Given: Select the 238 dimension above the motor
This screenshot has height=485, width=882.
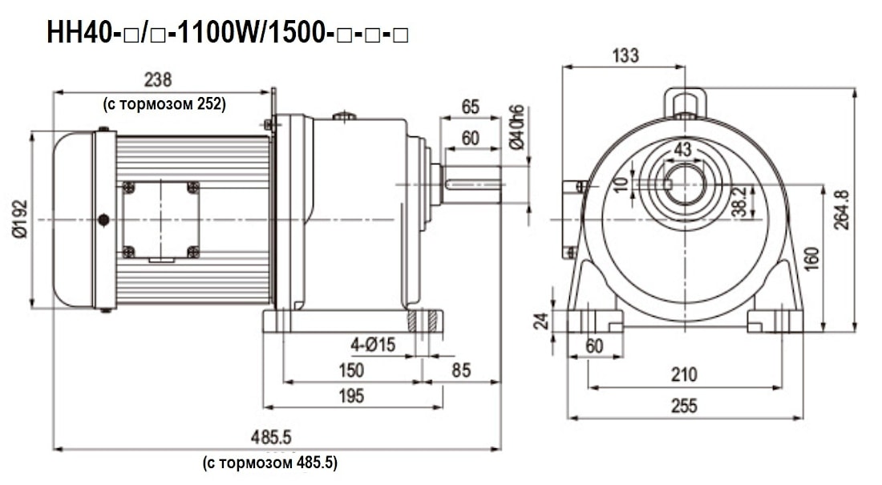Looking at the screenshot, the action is pyautogui.click(x=157, y=79).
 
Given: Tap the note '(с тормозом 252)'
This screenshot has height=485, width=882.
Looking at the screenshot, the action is pyautogui.click(x=164, y=104).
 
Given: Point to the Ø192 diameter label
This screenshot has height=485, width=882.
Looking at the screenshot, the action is pyautogui.click(x=20, y=219).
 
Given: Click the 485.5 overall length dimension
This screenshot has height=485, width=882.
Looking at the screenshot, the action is pyautogui.click(x=271, y=437).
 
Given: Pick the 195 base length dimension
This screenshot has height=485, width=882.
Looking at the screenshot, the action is pyautogui.click(x=351, y=396).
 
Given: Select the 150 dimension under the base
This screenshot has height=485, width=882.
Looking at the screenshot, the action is pyautogui.click(x=351, y=370).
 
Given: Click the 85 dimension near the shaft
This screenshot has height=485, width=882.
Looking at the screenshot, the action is pyautogui.click(x=461, y=370).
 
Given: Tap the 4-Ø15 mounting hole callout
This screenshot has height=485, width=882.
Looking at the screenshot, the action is pyautogui.click(x=373, y=345).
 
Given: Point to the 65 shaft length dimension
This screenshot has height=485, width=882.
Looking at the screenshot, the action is pyautogui.click(x=470, y=107).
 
